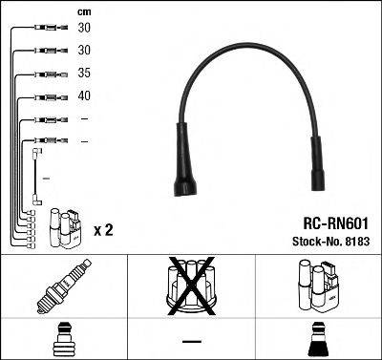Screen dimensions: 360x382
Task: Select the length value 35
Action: [85, 72]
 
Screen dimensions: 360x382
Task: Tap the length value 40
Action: [85, 95]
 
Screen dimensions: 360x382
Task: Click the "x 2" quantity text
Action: [103, 230]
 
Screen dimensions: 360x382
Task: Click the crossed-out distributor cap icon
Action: [191, 286]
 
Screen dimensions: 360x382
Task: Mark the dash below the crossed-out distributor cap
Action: [191, 341]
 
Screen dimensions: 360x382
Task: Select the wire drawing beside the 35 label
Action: [48, 73]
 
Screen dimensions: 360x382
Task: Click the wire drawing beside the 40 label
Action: [48, 96]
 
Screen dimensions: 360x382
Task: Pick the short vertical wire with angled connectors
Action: [35, 177]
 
